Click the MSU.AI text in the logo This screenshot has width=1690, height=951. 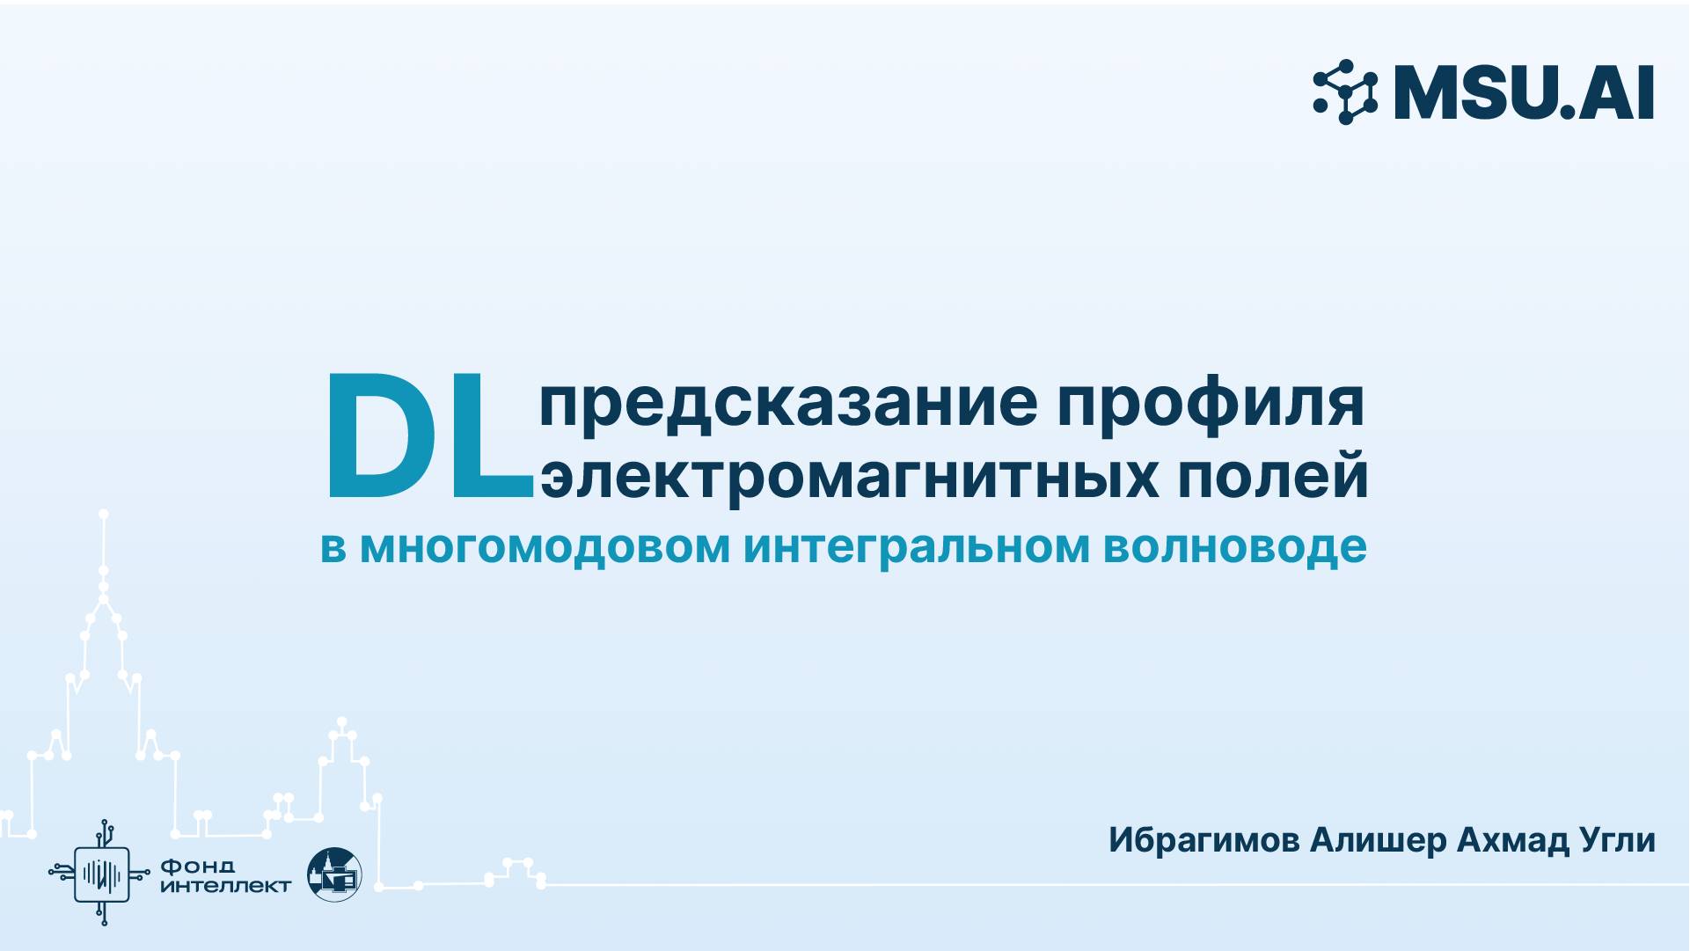(x=1524, y=92)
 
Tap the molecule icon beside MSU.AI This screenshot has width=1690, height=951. (x=1345, y=91)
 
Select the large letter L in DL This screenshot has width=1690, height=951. (x=498, y=436)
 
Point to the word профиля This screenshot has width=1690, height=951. (x=1211, y=404)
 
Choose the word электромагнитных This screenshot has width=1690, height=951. (x=849, y=476)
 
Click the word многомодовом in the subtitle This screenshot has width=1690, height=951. (x=545, y=546)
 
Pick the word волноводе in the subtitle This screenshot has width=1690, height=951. (x=1234, y=546)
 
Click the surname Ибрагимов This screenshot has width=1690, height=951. (x=1203, y=840)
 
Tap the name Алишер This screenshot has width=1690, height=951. (x=1378, y=840)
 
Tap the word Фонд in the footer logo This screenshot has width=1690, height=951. (x=198, y=867)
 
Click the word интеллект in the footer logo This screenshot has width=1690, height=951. (x=225, y=886)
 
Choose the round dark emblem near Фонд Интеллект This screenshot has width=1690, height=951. (x=334, y=874)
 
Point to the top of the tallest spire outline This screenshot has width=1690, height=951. (x=104, y=514)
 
